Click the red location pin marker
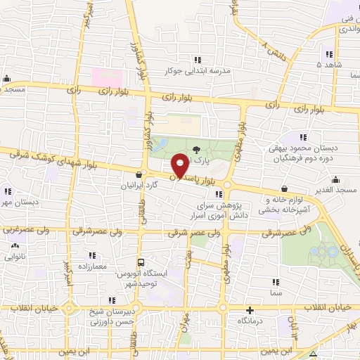tap(180, 165)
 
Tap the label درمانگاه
tap(251, 320)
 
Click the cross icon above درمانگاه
tap(250, 310)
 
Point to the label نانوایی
tap(15, 257)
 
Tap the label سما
tap(275, 290)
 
